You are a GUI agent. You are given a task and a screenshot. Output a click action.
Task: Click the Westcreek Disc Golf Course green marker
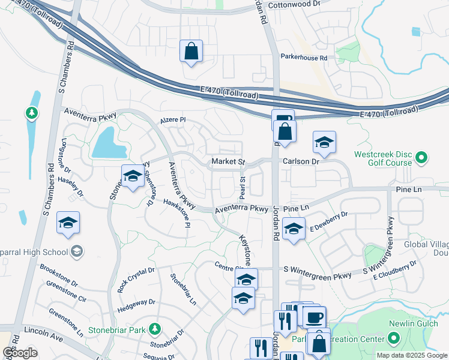point(421,158)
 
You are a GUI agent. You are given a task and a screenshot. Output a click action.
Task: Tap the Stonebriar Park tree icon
point(155,329)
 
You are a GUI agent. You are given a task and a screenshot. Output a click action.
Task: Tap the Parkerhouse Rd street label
point(304,58)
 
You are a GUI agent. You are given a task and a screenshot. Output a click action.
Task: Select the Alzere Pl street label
point(173,120)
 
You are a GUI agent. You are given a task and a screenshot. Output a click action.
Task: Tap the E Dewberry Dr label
point(329,221)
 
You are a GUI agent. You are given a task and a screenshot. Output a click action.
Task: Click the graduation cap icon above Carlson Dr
point(324,142)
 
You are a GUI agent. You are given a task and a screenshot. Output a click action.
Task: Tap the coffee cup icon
point(314,316)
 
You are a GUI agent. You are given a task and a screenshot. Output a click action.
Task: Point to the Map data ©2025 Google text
point(411,355)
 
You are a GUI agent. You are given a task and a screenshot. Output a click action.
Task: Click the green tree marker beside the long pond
point(30,112)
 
